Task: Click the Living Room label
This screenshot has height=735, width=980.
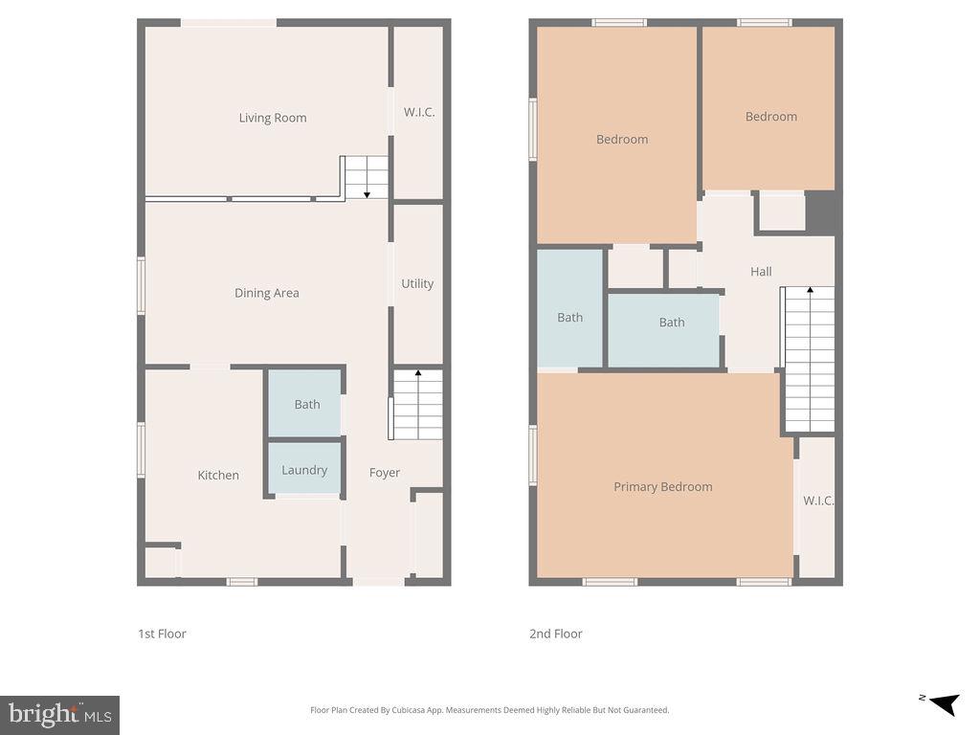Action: tap(273, 118)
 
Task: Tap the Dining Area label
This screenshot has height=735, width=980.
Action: tap(267, 293)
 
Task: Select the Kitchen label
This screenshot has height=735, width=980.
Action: tap(218, 475)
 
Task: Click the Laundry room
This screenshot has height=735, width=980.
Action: tap(304, 470)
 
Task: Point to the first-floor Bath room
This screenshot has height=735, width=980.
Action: tap(306, 404)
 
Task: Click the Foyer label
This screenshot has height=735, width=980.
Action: tap(385, 472)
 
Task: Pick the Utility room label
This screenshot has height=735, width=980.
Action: tap(417, 283)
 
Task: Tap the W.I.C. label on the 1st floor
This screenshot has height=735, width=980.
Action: tap(419, 112)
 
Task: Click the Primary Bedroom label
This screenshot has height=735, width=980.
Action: tap(662, 486)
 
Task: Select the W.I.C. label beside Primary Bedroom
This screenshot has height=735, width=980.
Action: tap(818, 501)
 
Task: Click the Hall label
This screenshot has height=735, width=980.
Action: tap(761, 272)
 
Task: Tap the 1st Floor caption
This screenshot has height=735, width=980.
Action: tap(163, 634)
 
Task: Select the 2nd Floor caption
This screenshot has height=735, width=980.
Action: tap(556, 634)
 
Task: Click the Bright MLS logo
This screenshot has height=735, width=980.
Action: tap(59, 715)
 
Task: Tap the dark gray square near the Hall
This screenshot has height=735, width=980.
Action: tap(822, 212)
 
